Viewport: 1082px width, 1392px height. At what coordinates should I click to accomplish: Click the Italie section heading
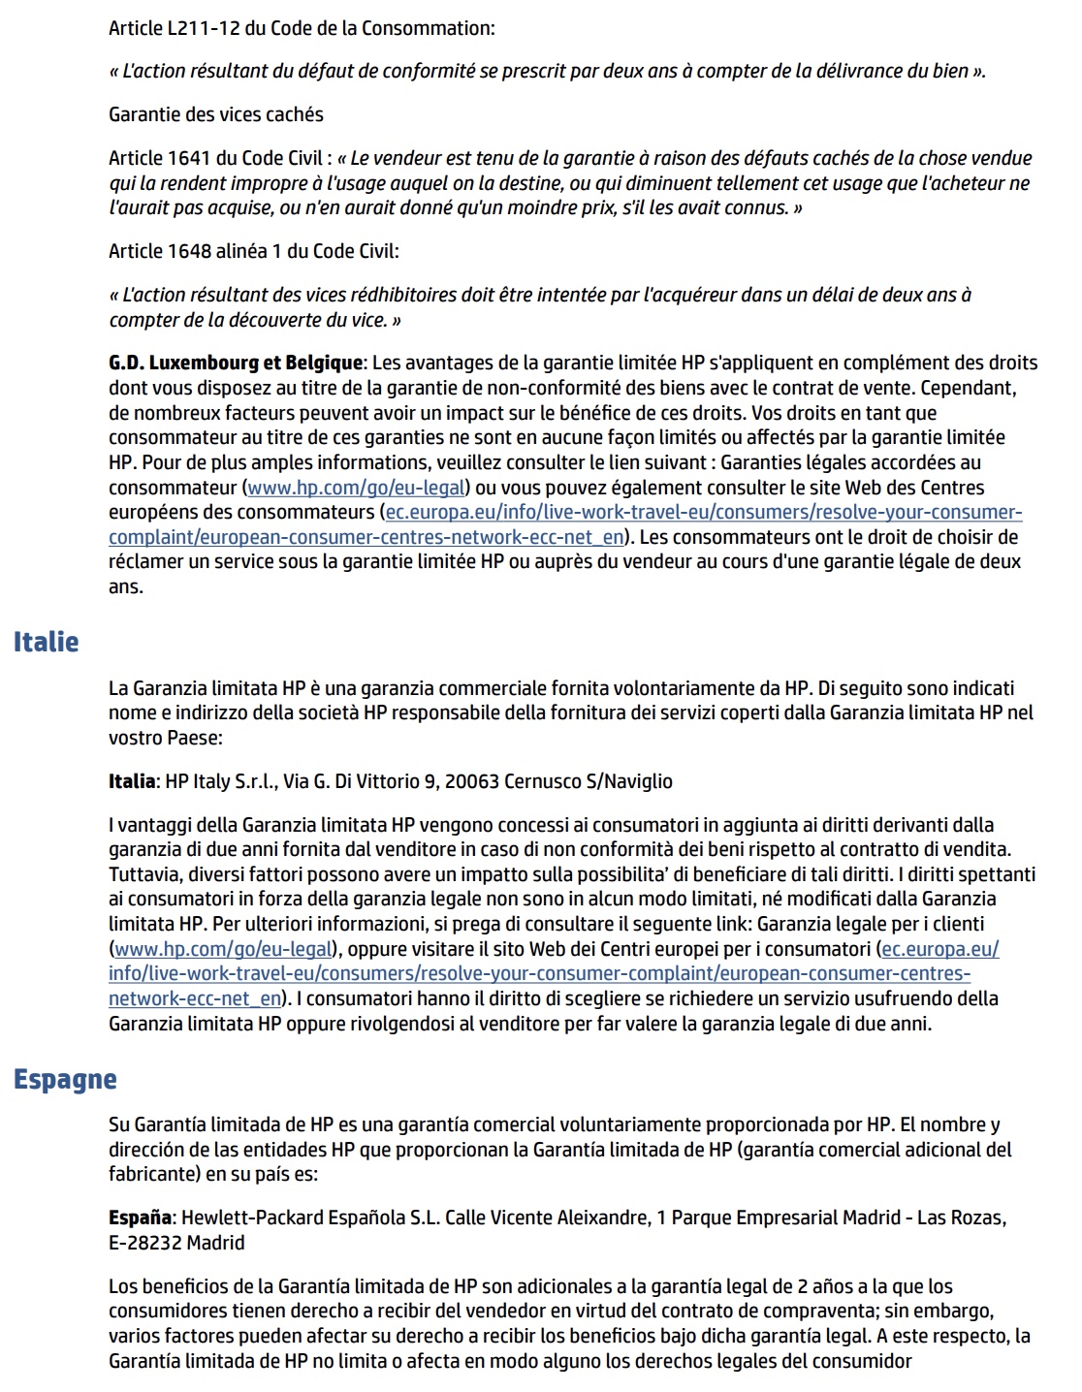46,642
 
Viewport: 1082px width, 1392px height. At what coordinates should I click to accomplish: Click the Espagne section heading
65,1079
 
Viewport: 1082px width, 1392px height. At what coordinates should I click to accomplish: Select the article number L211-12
204,28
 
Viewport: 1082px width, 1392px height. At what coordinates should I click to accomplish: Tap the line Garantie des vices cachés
216,114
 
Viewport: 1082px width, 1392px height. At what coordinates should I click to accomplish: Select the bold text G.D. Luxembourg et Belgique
236,363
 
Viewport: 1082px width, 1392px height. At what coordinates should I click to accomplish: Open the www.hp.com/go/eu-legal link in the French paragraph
357,488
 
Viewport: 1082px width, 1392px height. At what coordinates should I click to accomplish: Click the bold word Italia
132,781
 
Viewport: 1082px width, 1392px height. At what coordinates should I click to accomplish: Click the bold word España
140,1218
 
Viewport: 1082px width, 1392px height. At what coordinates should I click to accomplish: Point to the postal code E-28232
144,1243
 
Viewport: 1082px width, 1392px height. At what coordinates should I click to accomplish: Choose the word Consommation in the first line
428,28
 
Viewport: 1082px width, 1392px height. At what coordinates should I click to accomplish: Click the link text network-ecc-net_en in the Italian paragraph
195,998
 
